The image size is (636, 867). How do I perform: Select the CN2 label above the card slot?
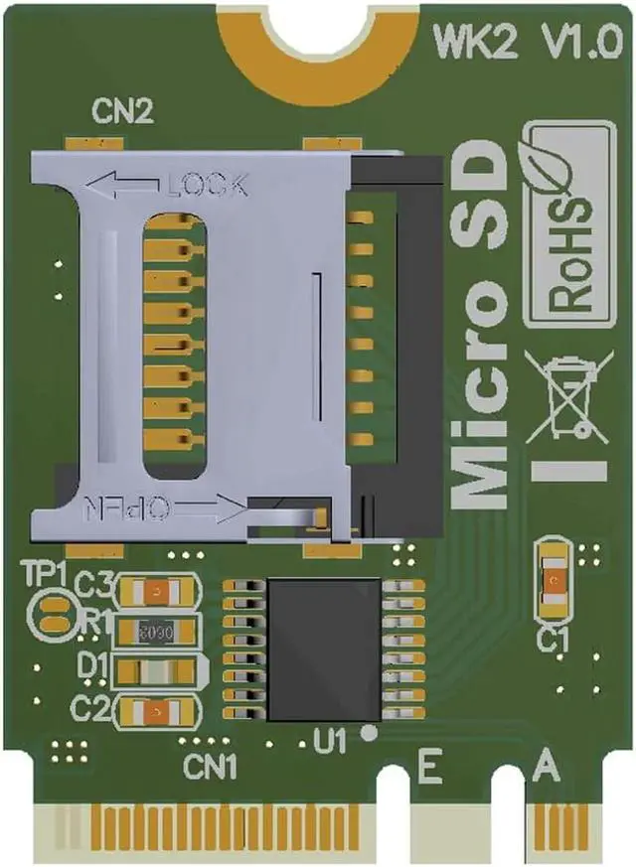click(122, 111)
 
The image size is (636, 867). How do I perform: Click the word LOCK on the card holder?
click(207, 185)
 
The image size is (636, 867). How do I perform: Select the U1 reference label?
click(328, 739)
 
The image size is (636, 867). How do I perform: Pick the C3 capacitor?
click(159, 593)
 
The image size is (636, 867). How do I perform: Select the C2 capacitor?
click(159, 709)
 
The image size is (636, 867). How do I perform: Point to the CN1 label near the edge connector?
click(210, 766)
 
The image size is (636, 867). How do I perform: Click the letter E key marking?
click(429, 767)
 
